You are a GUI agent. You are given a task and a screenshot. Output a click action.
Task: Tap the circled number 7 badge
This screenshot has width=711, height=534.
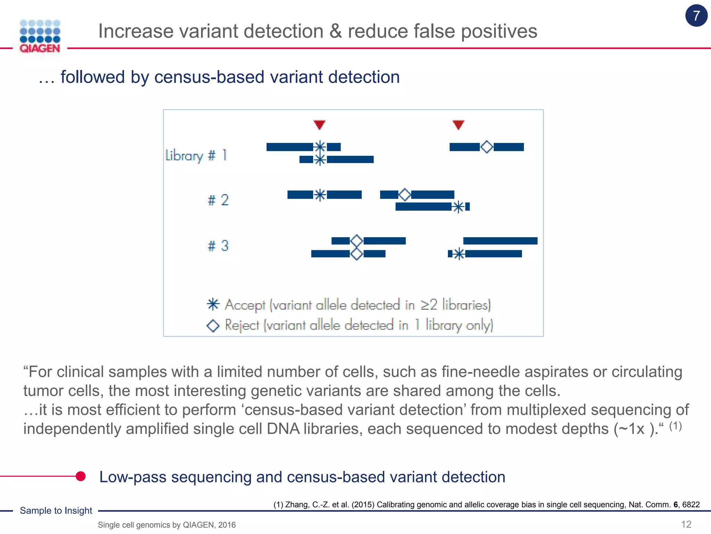pos(696,16)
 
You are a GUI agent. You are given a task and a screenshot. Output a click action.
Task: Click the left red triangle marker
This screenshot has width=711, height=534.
pos(319,124)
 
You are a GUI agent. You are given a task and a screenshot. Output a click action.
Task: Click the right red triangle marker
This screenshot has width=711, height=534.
pos(458,124)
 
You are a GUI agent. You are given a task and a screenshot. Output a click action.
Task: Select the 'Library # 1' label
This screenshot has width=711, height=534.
pos(196,155)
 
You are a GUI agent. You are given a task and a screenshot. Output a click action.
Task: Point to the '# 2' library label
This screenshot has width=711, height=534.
pos(218,200)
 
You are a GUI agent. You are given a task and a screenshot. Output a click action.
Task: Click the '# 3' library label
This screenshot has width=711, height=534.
pos(218,246)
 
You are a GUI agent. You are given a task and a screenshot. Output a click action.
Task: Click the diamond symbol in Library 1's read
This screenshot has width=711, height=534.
pos(487,147)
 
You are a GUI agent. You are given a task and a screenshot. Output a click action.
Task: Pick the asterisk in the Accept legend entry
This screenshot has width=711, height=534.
pos(213,304)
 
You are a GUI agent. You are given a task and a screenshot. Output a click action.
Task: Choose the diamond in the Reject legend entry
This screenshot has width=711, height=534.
pos(213,325)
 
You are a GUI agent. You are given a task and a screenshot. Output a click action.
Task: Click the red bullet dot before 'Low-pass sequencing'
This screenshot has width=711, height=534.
pos(81,476)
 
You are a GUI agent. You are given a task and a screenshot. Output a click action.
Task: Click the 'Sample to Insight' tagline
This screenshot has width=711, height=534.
pos(56,510)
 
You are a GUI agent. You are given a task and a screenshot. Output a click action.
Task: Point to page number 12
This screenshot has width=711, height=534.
pos(686,524)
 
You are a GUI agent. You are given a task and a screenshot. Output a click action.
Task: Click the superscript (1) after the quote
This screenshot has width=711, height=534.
pos(675,426)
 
